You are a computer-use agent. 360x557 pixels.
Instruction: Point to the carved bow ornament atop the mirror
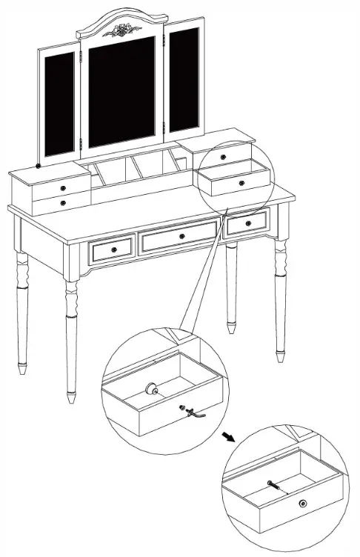[121, 30]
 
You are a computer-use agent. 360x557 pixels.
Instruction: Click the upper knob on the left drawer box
[62, 187]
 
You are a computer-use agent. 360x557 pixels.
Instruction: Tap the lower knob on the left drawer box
[64, 202]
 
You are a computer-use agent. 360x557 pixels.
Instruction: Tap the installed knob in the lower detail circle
[304, 504]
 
